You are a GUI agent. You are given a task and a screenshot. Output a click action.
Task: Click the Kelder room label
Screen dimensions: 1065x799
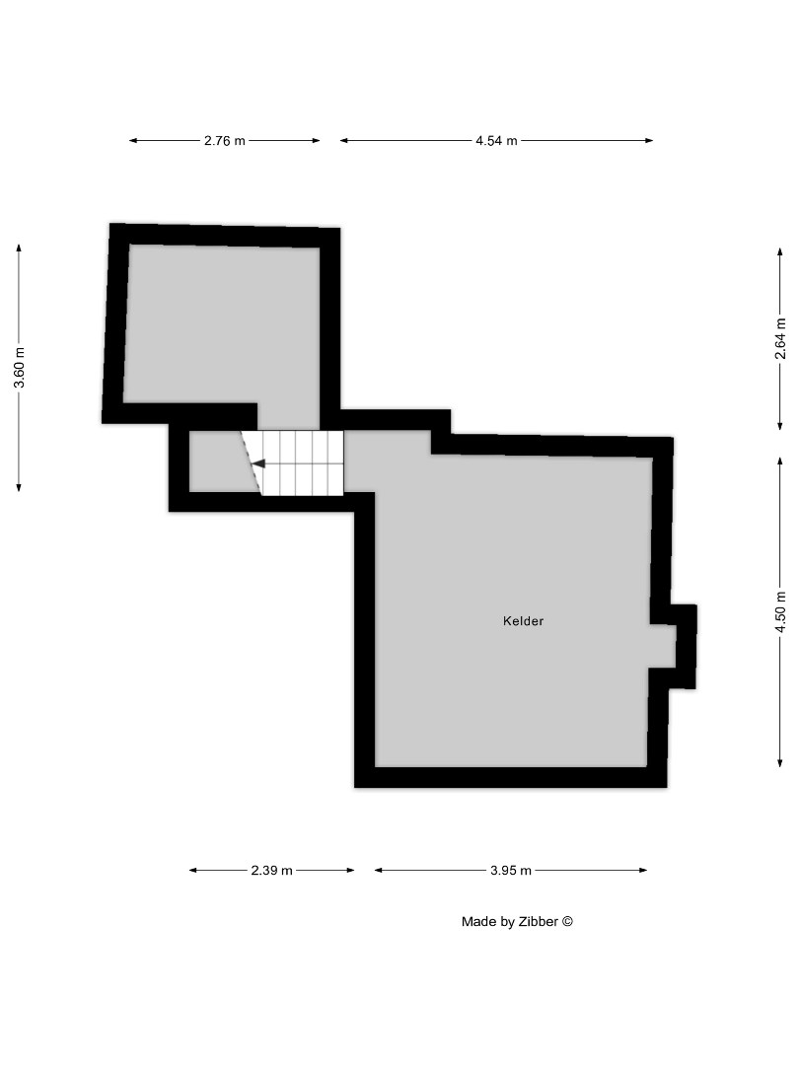(x=523, y=621)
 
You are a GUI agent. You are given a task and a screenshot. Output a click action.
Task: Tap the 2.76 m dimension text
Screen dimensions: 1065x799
(x=225, y=141)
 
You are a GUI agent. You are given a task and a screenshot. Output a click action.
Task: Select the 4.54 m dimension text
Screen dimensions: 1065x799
(x=496, y=141)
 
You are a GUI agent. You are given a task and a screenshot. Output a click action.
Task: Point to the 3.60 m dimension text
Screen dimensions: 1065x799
(x=20, y=368)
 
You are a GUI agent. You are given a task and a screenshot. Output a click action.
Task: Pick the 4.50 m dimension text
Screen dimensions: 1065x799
(x=780, y=611)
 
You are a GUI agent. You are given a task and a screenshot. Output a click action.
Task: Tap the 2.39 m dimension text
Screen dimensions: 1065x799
(x=271, y=871)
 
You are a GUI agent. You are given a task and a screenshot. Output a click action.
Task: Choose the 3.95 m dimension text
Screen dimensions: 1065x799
(x=511, y=871)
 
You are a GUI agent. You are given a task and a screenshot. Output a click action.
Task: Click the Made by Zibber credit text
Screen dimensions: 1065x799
(x=517, y=922)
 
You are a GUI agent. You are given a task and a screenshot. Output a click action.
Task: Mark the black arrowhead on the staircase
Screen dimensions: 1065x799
(x=257, y=462)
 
